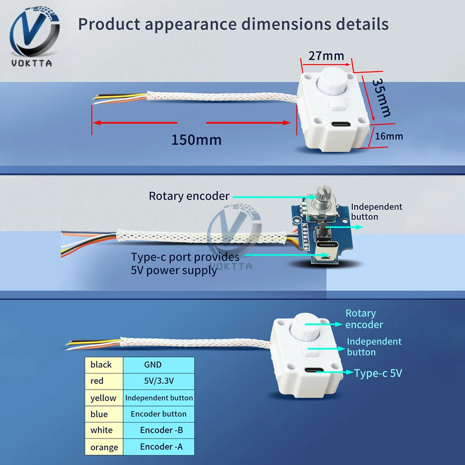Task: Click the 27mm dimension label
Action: [326, 56]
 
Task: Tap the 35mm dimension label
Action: [381, 97]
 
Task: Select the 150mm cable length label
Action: [196, 139]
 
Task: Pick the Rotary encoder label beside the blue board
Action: [189, 196]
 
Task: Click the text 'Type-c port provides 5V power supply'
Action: [185, 263]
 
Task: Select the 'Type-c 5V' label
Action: [378, 373]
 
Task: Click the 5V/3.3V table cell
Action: [159, 381]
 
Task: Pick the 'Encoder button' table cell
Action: [159, 414]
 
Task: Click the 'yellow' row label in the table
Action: [103, 398]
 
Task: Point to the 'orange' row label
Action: [104, 447]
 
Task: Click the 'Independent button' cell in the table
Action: [159, 398]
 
